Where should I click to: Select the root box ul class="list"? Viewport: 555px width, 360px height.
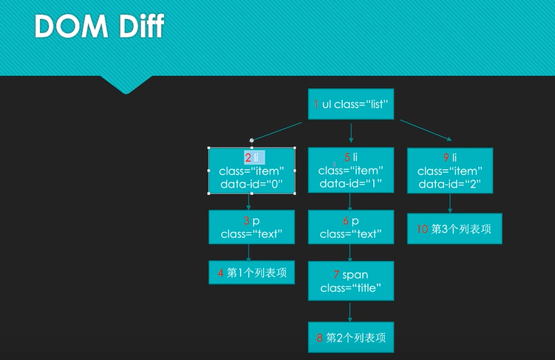click(351, 104)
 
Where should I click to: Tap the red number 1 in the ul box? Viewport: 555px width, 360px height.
click(316, 104)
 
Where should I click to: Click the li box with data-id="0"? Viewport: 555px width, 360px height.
click(251, 171)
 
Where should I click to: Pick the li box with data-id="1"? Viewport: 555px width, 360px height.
click(351, 171)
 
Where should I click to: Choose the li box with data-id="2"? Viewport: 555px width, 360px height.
click(449, 171)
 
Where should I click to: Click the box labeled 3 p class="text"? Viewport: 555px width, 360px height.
click(251, 227)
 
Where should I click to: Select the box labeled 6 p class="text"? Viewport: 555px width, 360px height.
click(351, 227)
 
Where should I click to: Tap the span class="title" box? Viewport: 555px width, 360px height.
click(351, 281)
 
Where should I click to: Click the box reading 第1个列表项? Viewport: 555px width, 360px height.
click(251, 273)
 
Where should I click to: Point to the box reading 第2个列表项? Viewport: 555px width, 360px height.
click(351, 337)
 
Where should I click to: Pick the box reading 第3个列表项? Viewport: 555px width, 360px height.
click(449, 229)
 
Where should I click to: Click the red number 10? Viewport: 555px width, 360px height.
click(422, 229)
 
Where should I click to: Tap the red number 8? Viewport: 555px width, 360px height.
click(319, 337)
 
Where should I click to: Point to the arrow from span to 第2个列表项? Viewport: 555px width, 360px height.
click(351, 311)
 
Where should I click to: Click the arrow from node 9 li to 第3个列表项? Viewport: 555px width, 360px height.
click(449, 204)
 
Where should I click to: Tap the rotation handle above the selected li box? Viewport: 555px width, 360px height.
click(252, 140)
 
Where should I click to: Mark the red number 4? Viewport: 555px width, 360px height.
click(220, 273)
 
